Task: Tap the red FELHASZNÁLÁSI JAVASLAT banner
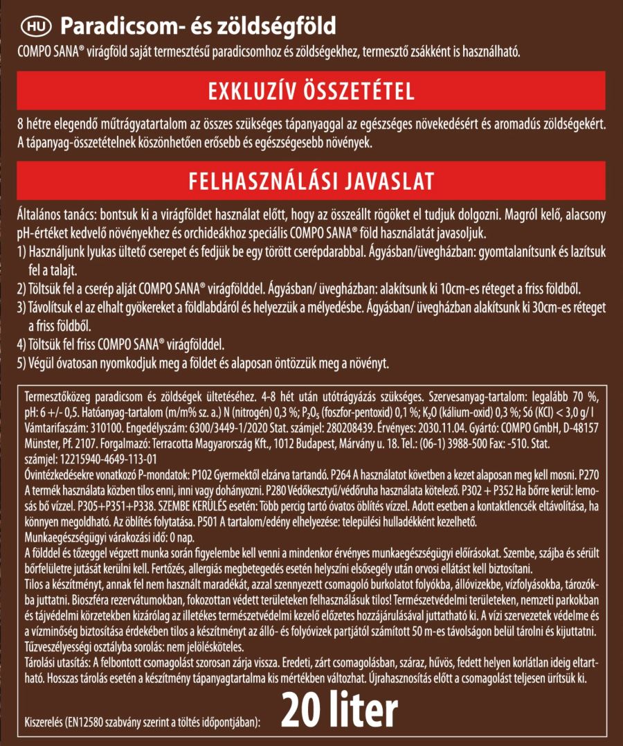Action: [x=311, y=181]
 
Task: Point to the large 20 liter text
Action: [x=339, y=709]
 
